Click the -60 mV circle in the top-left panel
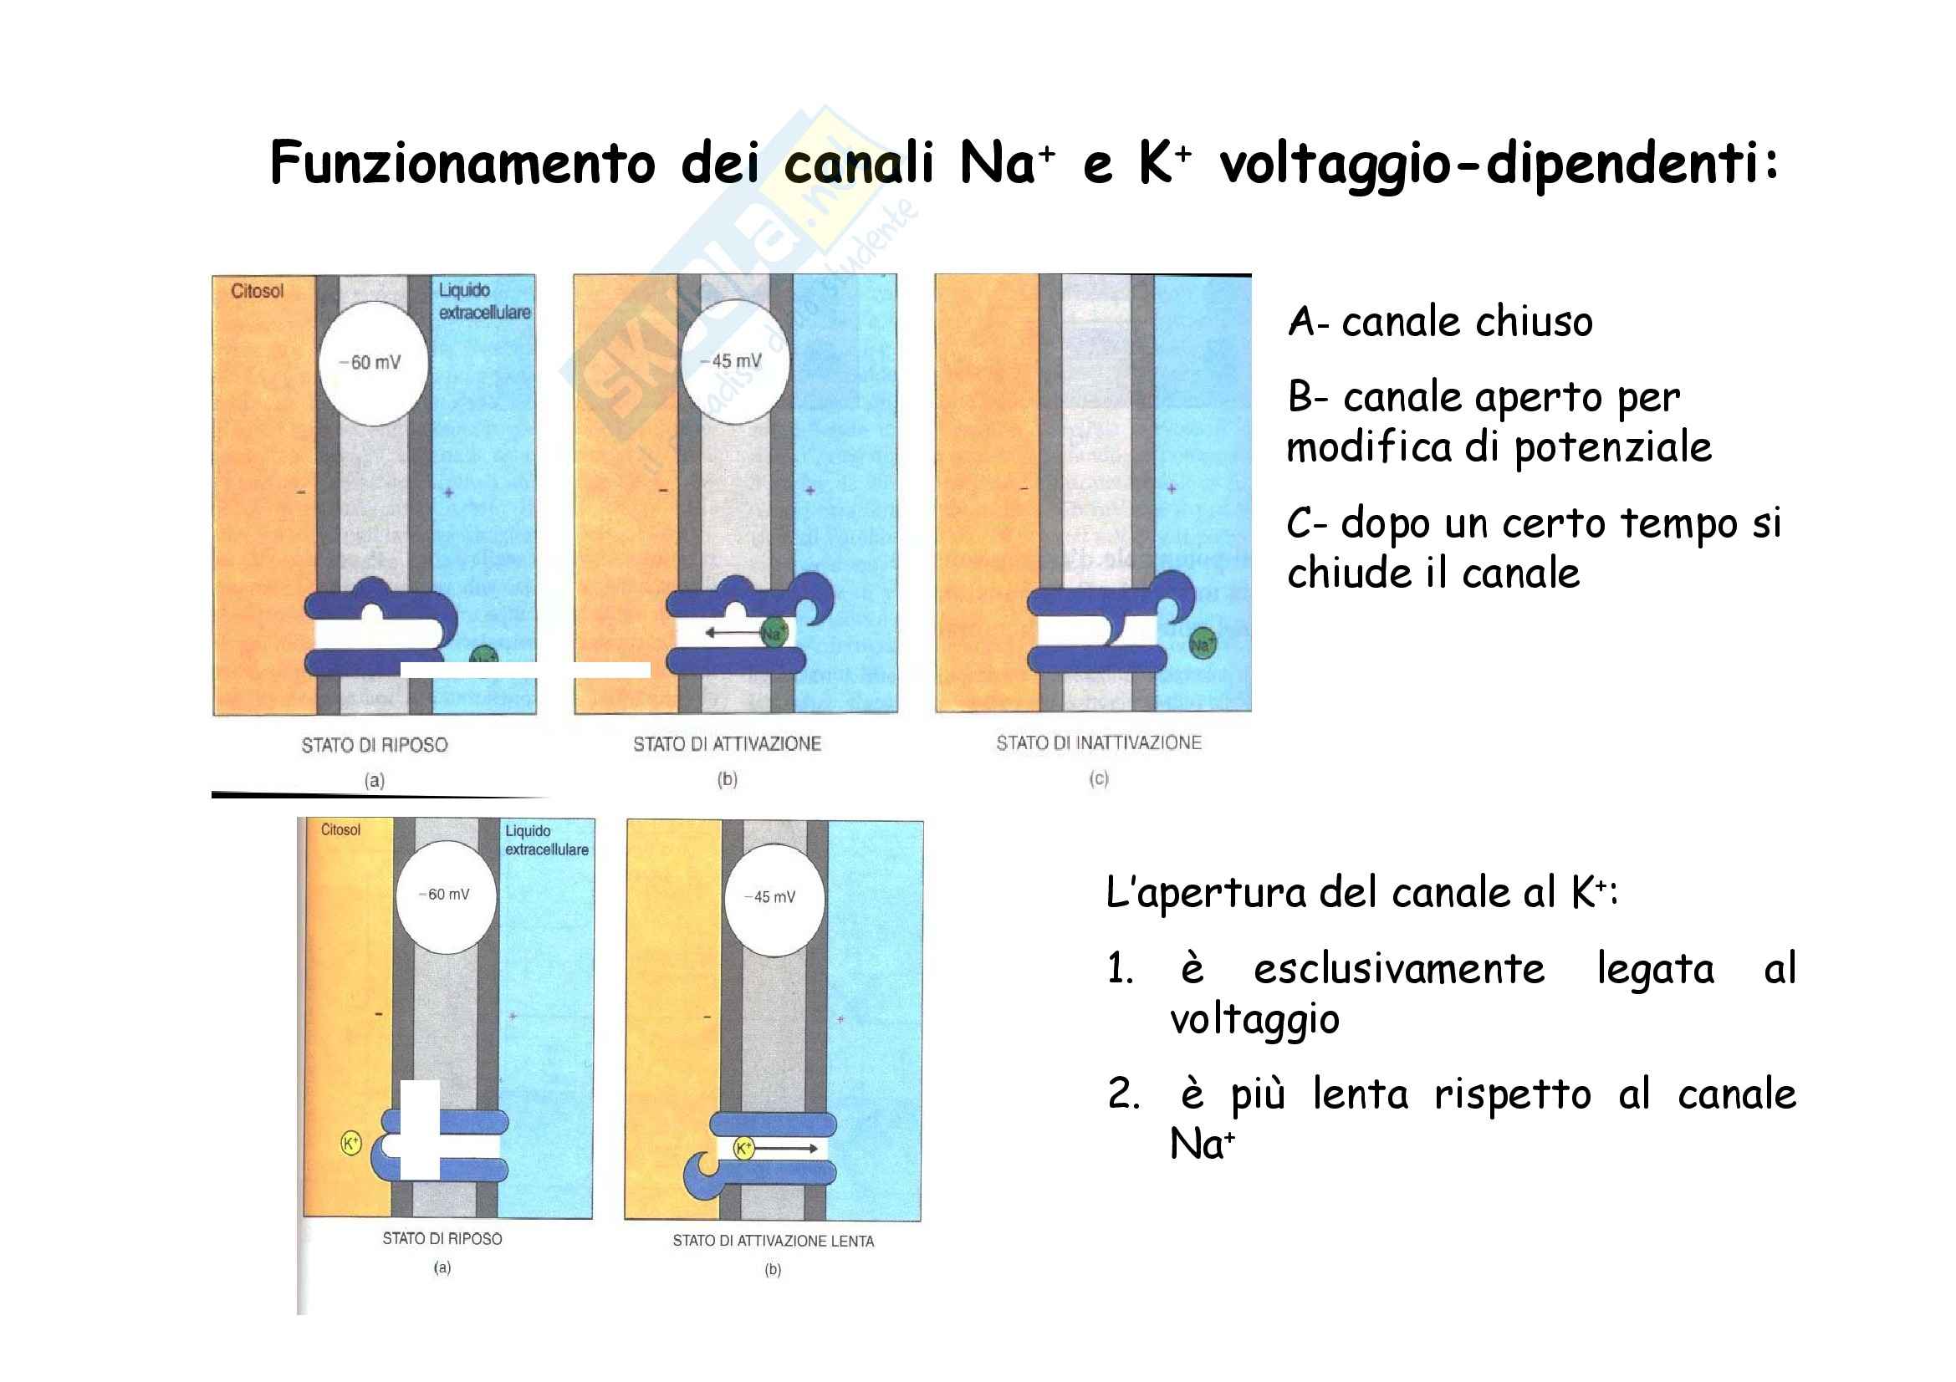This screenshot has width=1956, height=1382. pyautogui.click(x=373, y=363)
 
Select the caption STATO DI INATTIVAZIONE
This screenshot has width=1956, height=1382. pyautogui.click(x=1098, y=743)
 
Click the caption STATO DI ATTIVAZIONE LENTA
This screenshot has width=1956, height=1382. pyautogui.click(x=773, y=1241)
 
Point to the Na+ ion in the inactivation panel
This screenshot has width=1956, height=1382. pyautogui.click(x=1201, y=644)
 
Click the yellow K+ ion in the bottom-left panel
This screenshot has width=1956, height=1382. pyautogui.click(x=350, y=1143)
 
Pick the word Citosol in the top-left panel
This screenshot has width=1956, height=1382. pyautogui.click(x=257, y=291)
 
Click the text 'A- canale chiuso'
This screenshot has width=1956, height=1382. pyautogui.click(x=1439, y=323)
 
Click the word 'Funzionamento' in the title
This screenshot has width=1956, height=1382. pyautogui.click(x=462, y=164)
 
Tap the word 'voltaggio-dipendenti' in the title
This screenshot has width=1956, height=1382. pyautogui.click(x=1499, y=164)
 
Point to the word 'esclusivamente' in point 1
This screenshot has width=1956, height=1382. pyautogui.click(x=1398, y=969)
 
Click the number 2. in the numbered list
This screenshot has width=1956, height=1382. pyautogui.click(x=1124, y=1094)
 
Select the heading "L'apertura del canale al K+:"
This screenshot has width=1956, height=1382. pyautogui.click(x=1361, y=893)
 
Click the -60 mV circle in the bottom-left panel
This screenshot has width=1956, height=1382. pyautogui.click(x=447, y=895)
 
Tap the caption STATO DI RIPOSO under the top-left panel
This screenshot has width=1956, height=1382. pyautogui.click(x=374, y=745)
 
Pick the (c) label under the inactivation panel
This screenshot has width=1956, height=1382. pyautogui.click(x=1098, y=778)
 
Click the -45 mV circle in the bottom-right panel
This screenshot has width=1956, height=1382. pyautogui.click(x=774, y=897)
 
